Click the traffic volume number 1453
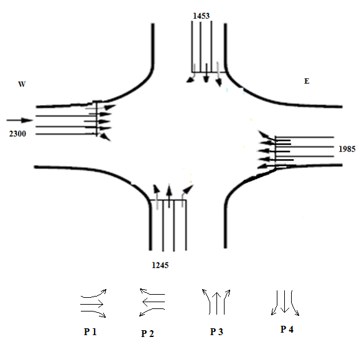point(201,16)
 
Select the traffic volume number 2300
point(17,134)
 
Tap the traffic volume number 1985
point(347,149)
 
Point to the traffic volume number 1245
point(160,265)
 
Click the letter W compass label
point(22,84)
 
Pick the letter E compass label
point(307,81)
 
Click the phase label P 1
point(90,332)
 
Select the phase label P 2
point(147,334)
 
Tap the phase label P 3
point(216,332)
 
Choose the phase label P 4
point(287,330)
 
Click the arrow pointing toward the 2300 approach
point(20,120)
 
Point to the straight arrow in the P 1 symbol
point(91,304)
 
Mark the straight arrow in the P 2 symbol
point(154,302)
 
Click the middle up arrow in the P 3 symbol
point(216,303)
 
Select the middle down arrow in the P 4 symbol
point(284,302)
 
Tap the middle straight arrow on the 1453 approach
point(206,73)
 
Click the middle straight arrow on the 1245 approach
point(169,196)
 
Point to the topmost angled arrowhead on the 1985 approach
point(262,134)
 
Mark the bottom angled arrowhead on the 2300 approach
point(106,137)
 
